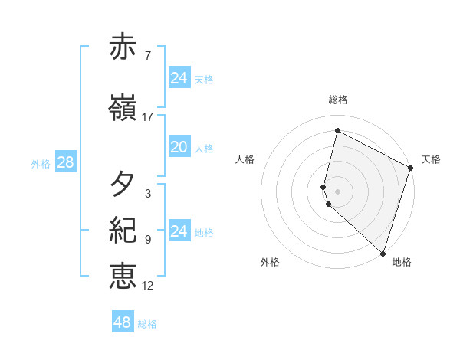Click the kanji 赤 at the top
[123, 47]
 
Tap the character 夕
[123, 184]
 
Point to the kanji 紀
[123, 229]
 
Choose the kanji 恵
[123, 275]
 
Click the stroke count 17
[148, 117]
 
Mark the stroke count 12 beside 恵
[148, 285]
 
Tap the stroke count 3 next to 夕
[148, 193]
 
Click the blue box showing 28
[65, 162]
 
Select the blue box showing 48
[123, 322]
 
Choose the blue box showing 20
[179, 148]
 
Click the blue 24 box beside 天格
[179, 78]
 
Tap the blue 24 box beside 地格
[179, 231]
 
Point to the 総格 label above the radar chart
[338, 100]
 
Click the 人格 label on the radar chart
[245, 159]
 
